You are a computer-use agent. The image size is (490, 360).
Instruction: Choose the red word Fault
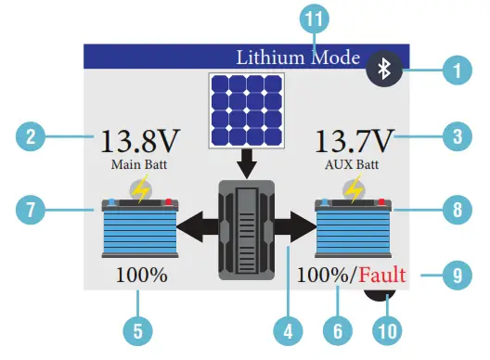386,276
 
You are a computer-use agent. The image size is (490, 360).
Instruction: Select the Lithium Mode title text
297,56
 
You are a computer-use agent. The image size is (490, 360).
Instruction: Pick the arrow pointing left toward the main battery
197,225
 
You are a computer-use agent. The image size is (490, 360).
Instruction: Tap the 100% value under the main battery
141,276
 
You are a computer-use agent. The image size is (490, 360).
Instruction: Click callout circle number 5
138,328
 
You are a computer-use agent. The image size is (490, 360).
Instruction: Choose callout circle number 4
289,328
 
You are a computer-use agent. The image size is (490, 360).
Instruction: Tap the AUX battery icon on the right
352,226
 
